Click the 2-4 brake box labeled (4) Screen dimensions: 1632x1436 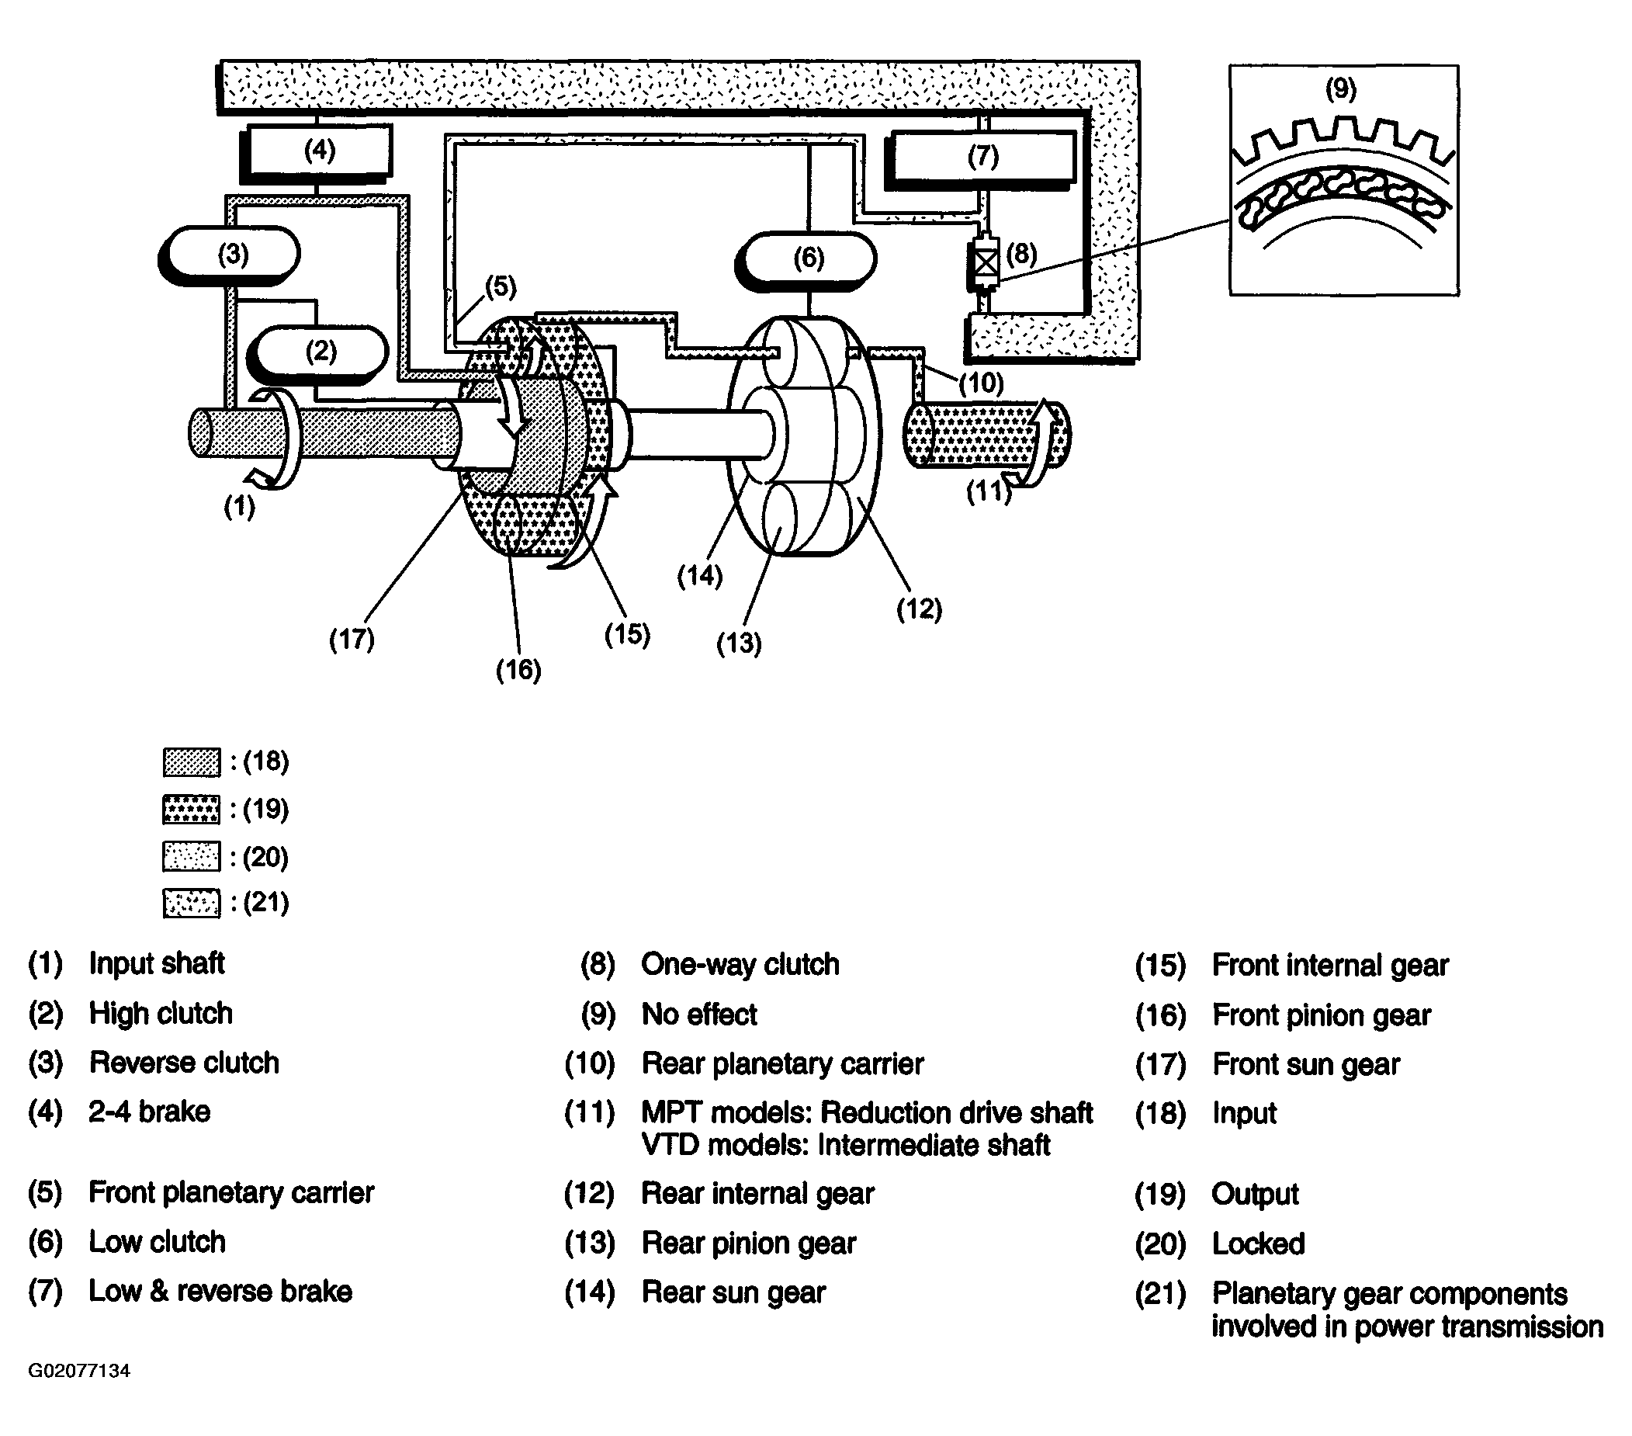coord(316,150)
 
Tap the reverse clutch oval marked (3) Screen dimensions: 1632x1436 coord(229,255)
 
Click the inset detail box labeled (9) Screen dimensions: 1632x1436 coord(1344,181)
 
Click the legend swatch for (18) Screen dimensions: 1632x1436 coord(192,763)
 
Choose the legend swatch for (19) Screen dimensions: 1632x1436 coord(192,810)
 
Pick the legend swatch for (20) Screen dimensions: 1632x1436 coord(192,857)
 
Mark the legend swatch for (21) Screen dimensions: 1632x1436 coord(192,904)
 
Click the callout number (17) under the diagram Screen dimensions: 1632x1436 coord(352,639)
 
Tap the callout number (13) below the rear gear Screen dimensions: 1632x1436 coord(739,643)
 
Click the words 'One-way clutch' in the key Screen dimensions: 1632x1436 coord(740,965)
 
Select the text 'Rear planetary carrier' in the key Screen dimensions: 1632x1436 coord(782,1064)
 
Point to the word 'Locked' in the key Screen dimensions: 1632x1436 coord(1258,1244)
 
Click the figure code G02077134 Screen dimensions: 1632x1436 coord(79,1372)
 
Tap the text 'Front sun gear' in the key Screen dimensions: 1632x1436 coord(1306,1065)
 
